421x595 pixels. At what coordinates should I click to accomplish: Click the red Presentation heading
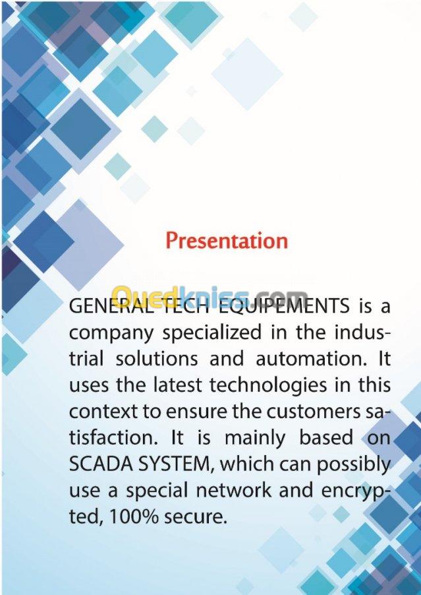[227, 241]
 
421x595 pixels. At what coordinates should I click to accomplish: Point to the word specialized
[212, 332]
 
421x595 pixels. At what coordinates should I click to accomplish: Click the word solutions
[157, 359]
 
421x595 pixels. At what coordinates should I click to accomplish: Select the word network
[233, 490]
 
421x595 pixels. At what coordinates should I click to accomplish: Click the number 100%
[133, 517]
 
